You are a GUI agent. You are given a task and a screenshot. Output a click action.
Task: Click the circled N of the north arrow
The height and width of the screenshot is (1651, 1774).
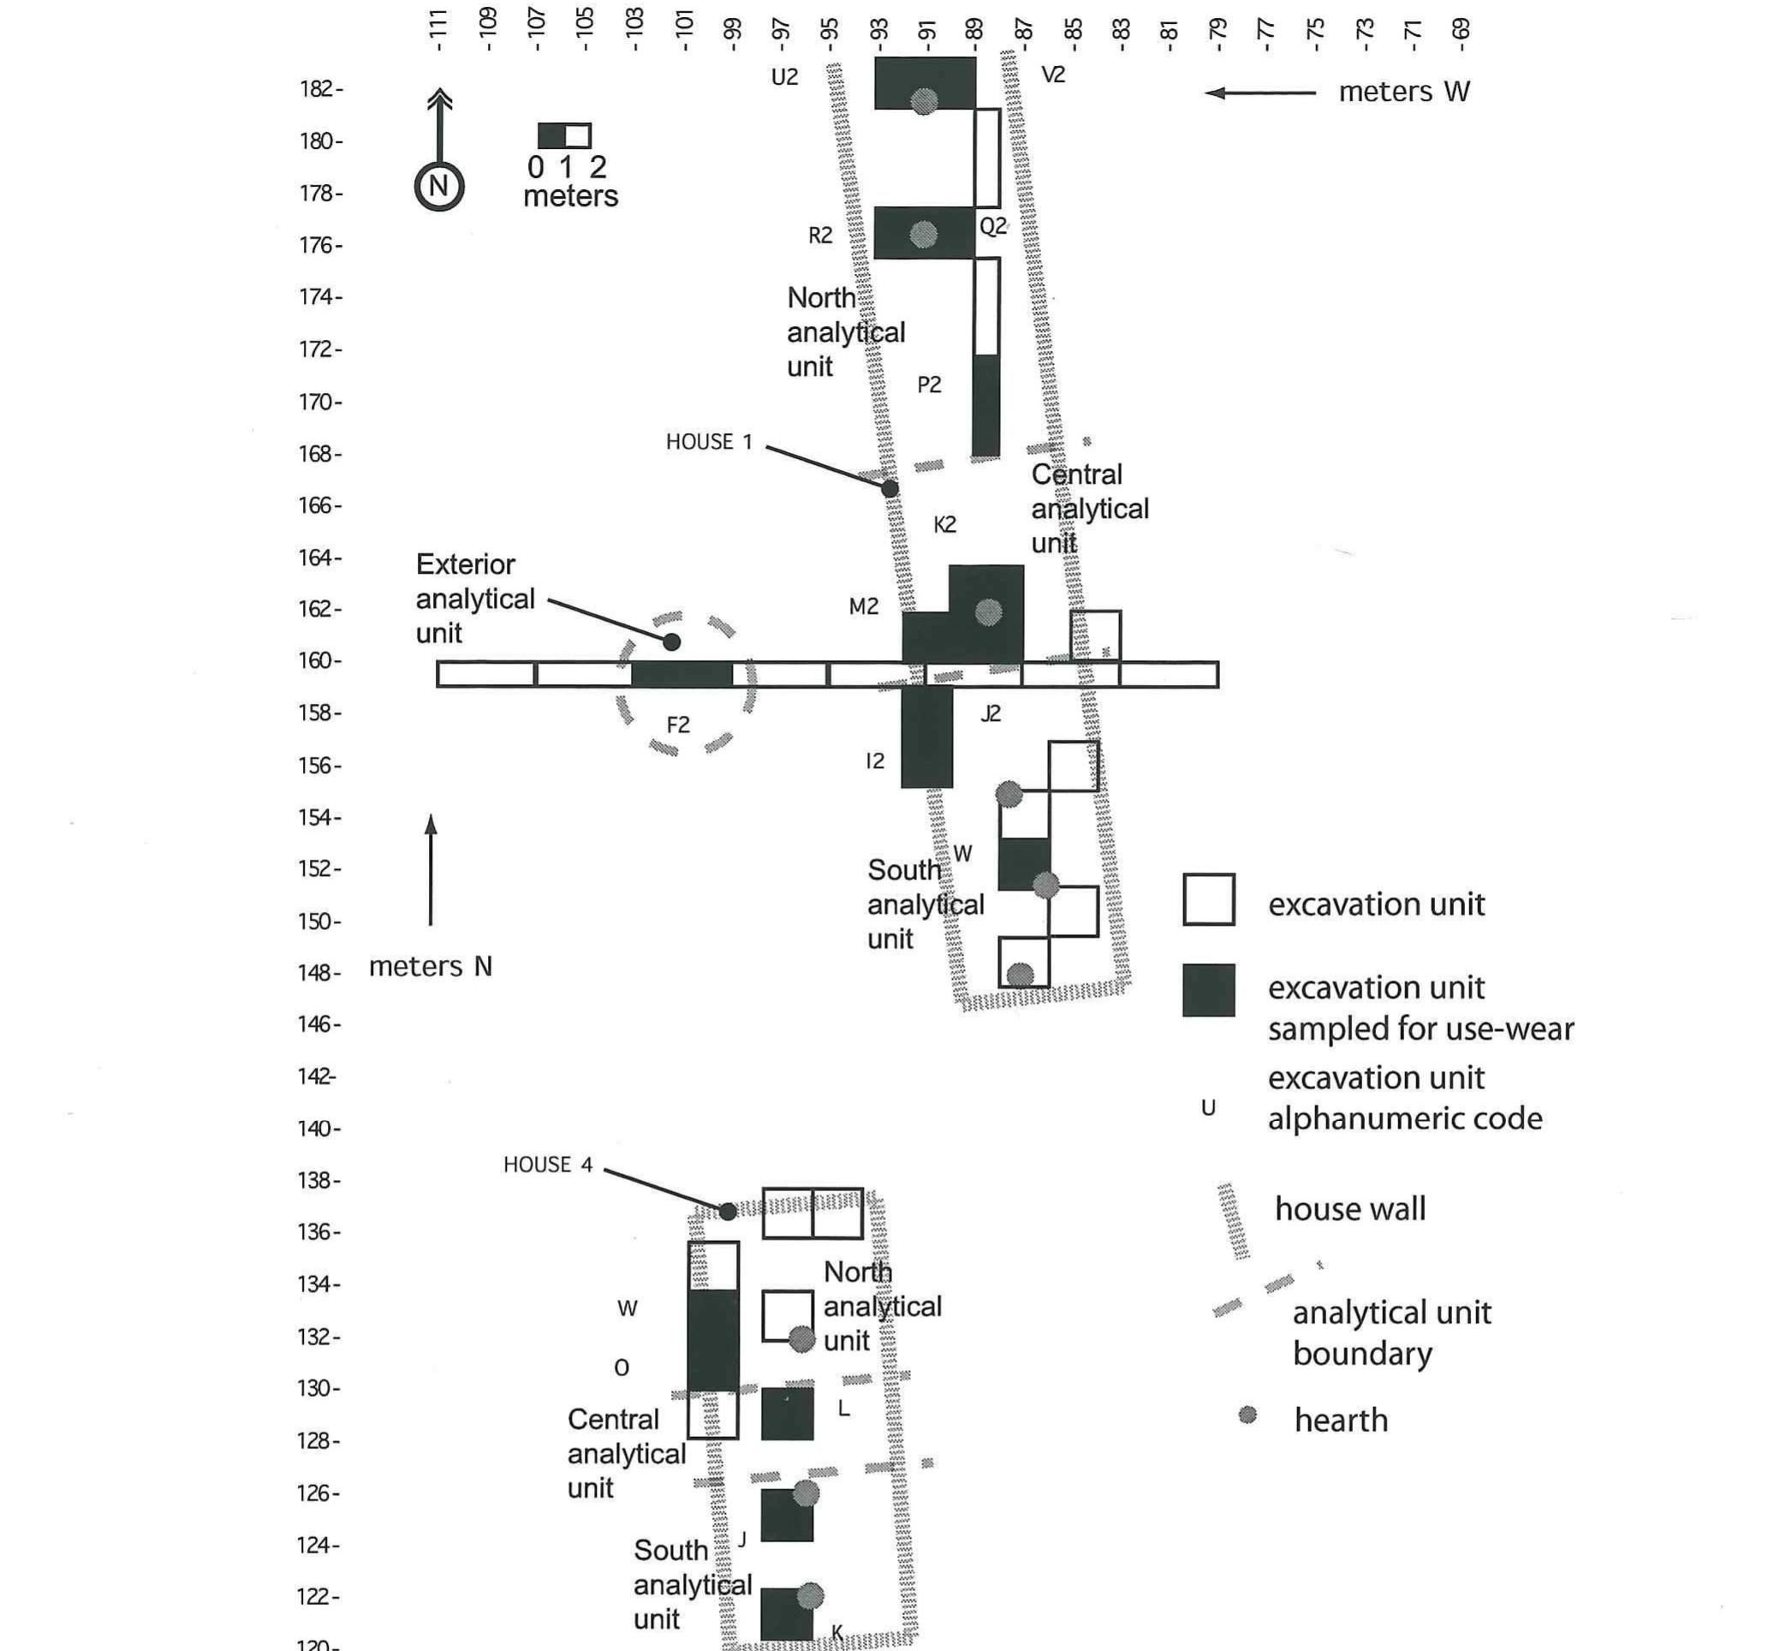[438, 187]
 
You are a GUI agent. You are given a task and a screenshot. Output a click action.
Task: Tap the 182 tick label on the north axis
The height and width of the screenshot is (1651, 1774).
[317, 88]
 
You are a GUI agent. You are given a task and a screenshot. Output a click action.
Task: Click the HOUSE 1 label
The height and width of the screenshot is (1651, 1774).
[710, 442]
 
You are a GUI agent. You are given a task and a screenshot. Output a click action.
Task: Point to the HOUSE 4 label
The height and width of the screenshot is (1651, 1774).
[547, 1165]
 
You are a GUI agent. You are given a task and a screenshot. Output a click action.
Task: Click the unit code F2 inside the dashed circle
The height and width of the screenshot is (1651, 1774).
[678, 724]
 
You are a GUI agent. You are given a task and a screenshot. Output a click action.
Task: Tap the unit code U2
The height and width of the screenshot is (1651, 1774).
[784, 78]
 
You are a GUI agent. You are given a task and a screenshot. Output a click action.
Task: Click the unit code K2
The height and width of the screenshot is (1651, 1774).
[944, 524]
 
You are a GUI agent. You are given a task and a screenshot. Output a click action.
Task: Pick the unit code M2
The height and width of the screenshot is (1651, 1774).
[863, 607]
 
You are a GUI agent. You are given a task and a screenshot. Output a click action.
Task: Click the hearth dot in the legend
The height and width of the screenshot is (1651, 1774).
[1247, 1415]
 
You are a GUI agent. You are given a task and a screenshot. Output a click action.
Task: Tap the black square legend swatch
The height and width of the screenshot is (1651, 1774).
[1208, 990]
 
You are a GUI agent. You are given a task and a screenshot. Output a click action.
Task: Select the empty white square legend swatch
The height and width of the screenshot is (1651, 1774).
[1208, 899]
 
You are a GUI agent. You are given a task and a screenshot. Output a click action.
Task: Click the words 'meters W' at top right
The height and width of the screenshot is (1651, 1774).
[1403, 91]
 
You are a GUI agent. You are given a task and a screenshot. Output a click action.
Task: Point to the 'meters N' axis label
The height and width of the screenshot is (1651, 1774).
[430, 966]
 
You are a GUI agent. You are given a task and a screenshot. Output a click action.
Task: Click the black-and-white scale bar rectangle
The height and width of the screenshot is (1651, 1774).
[564, 135]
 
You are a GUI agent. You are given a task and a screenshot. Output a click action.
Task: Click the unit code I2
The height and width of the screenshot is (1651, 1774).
[875, 760]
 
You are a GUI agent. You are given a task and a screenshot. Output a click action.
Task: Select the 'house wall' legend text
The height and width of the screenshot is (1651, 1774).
[1349, 1209]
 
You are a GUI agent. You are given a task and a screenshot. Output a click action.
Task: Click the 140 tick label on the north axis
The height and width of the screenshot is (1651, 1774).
[317, 1128]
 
